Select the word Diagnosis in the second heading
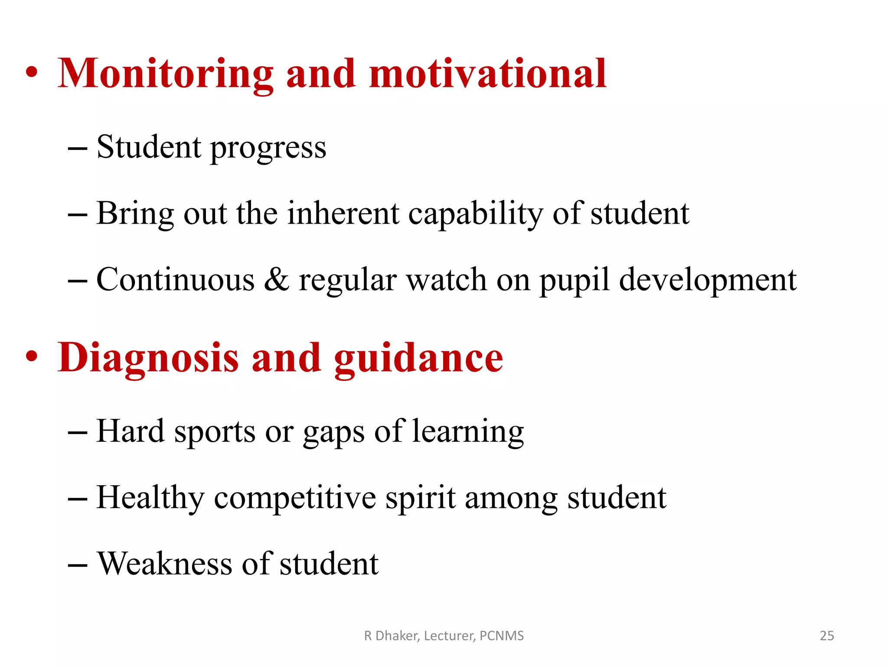tap(148, 358)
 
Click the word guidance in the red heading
tap(418, 358)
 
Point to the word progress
tap(268, 148)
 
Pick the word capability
tap(476, 215)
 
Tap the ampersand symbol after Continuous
tap(276, 280)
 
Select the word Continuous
tap(175, 280)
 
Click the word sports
tap(215, 433)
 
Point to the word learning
tap(468, 433)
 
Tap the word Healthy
tap(150, 498)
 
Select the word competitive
tap(295, 498)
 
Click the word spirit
tap(421, 498)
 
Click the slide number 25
tap(827, 636)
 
